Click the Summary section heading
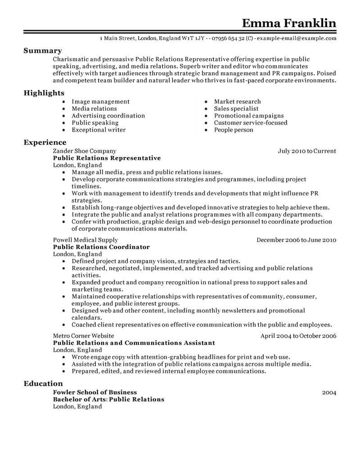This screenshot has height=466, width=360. pyautogui.click(x=43, y=51)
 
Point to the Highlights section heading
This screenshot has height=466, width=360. pyautogui.click(x=44, y=93)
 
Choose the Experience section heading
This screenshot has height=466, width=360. pyautogui.click(x=45, y=142)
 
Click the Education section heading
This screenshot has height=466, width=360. pyautogui.click(x=43, y=384)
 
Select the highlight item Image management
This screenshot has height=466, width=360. pyautogui.click(x=100, y=102)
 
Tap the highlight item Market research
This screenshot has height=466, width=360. pyautogui.click(x=237, y=102)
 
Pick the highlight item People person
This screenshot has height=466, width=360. pyautogui.click(x=234, y=130)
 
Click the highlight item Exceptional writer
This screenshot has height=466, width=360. pyautogui.click(x=99, y=130)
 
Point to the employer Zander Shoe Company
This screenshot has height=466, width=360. pyautogui.click(x=85, y=151)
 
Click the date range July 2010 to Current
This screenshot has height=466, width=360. pyautogui.click(x=307, y=151)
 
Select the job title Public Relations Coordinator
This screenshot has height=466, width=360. pyautogui.click(x=101, y=247)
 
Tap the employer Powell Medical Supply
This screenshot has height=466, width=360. pyautogui.click(x=85, y=240)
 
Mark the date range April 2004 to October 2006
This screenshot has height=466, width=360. pyautogui.click(x=298, y=335)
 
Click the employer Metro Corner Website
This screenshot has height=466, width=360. pyautogui.click(x=83, y=335)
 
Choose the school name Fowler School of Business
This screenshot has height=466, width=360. pyautogui.click(x=95, y=392)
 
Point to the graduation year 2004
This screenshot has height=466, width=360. pyautogui.click(x=329, y=393)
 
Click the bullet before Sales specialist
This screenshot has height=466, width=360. pyautogui.click(x=206, y=109)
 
